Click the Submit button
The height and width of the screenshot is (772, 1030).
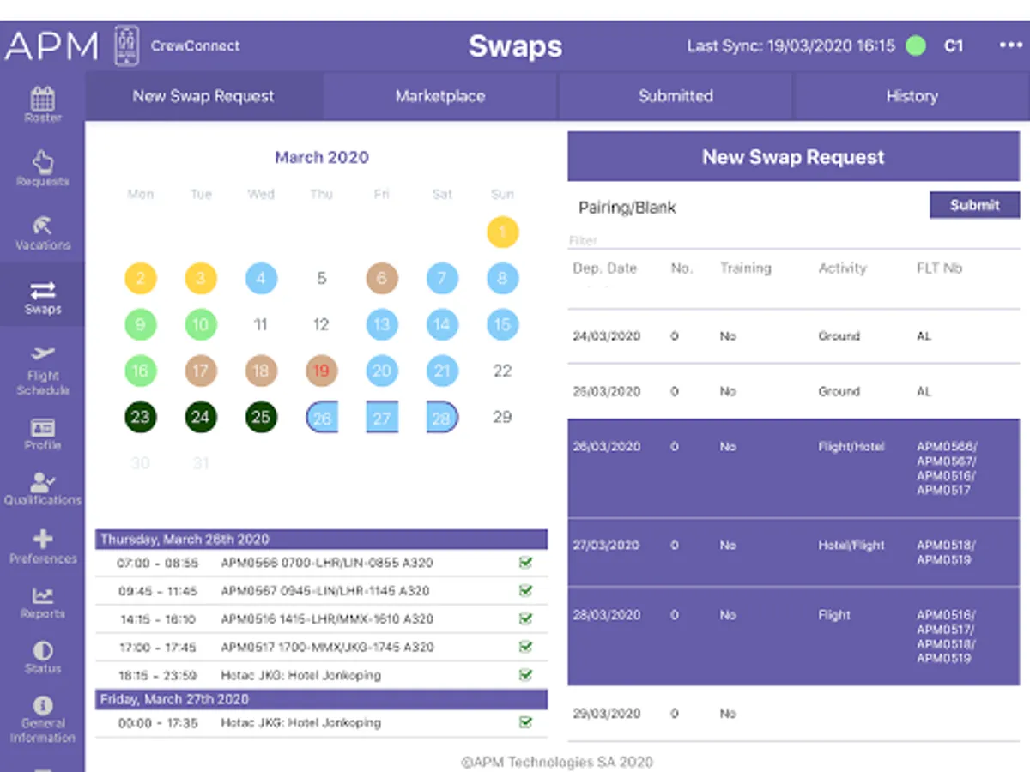974,206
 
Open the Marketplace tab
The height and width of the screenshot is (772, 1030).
439,96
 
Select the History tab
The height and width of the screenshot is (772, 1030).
912,96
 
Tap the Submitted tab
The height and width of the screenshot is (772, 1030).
676,96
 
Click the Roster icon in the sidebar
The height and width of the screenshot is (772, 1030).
42,100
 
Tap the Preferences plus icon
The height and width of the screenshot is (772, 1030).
42,540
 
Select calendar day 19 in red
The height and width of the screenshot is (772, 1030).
321,371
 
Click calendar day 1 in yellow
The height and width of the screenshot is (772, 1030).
502,232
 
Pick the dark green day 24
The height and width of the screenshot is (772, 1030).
201,418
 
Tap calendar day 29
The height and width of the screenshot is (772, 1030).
502,418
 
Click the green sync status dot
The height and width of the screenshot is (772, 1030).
916,46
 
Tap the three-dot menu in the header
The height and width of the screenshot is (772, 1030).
1010,46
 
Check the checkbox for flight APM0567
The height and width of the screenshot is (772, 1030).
525,591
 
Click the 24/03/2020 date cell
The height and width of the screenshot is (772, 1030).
606,336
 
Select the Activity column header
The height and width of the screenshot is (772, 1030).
842,268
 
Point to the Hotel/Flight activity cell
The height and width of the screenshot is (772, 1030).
851,546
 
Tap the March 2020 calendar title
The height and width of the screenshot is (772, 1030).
321,158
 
